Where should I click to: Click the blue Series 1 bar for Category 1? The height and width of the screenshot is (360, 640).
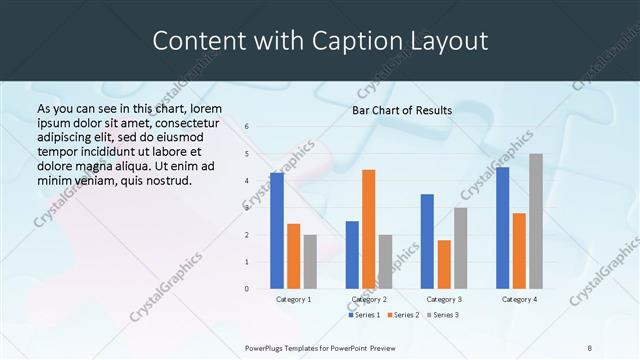point(277,231)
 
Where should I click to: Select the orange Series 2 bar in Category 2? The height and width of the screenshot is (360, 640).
point(368,229)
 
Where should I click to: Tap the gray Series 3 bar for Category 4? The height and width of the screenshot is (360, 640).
point(536,221)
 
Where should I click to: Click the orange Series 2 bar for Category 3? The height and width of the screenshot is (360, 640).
point(444,264)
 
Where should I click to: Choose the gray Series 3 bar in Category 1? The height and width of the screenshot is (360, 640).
point(310,262)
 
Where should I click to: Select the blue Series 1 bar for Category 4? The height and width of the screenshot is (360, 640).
point(502,228)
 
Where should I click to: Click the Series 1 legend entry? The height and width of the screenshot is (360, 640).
point(362,315)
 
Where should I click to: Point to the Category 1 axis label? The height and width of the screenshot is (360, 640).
point(293,299)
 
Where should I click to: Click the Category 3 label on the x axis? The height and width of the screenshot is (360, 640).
point(444,299)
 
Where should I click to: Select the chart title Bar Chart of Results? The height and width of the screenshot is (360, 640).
point(401,110)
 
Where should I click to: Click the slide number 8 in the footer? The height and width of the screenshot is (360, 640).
point(590,347)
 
